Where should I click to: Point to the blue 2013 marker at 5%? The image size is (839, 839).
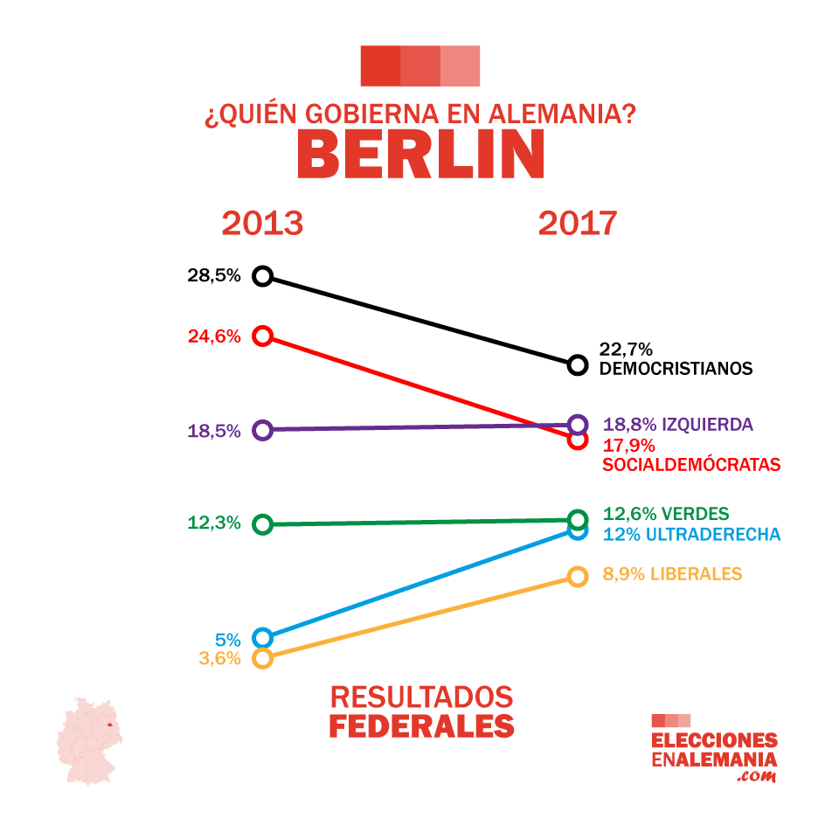click(x=262, y=638)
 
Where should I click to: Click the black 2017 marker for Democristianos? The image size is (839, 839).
click(x=577, y=364)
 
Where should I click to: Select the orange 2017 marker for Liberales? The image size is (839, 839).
click(x=577, y=576)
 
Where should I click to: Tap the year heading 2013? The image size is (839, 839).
click(x=262, y=224)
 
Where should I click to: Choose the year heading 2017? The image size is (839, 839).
click(x=577, y=224)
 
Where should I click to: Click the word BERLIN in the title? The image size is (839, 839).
click(x=420, y=155)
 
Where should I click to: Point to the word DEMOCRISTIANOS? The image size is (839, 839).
click(x=676, y=369)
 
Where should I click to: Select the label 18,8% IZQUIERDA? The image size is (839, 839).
click(x=678, y=425)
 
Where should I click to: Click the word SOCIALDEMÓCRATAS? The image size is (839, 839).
click(x=691, y=465)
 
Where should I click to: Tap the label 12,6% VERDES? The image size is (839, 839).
click(x=666, y=514)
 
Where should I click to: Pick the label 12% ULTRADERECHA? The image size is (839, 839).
click(x=691, y=535)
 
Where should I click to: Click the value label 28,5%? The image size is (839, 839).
click(x=213, y=276)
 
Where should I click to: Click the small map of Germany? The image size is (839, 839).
click(x=89, y=741)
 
